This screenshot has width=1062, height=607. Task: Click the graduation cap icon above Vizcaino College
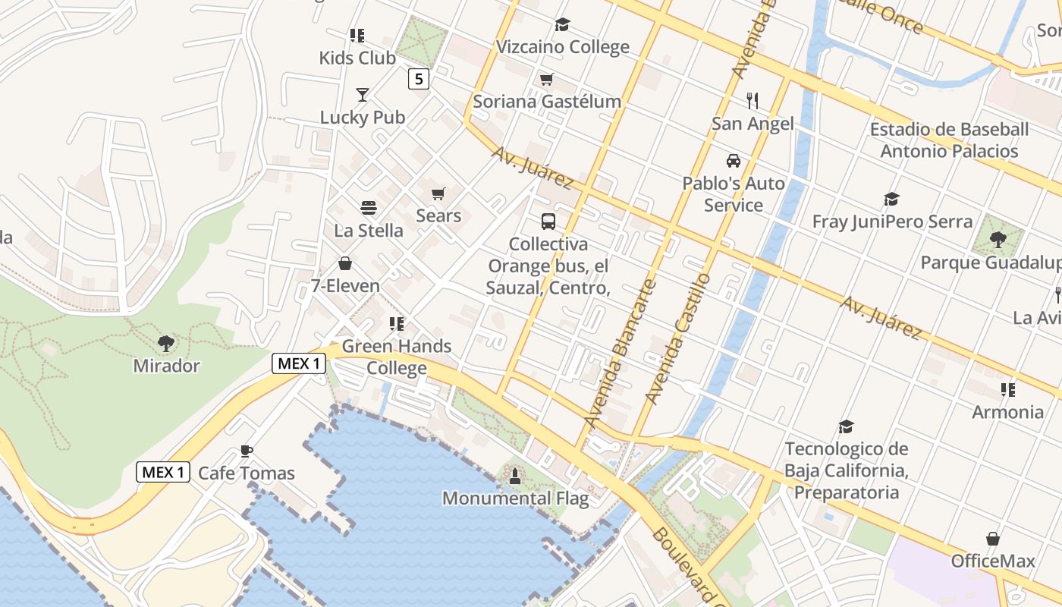coord(562,25)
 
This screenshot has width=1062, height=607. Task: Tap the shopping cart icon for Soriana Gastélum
coord(546,80)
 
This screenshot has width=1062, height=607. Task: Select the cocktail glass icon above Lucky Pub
coord(363,95)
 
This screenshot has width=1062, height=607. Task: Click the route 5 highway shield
coord(418,78)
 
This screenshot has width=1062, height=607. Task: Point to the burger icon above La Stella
coord(369,208)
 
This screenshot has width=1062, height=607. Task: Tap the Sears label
coord(438,215)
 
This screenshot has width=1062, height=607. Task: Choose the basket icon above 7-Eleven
coord(345,264)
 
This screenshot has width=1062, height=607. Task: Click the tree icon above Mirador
coord(166,344)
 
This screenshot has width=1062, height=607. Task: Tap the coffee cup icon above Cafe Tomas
coord(246,451)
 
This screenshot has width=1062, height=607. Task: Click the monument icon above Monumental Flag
coord(515,476)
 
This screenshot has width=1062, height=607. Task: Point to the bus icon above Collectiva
coord(548,222)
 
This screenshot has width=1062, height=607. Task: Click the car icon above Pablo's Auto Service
coord(734,161)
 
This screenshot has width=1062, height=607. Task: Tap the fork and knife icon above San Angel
coord(753,101)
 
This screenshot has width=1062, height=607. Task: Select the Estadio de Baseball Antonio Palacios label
coord(949,140)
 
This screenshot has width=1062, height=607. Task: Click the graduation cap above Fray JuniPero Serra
coord(891,200)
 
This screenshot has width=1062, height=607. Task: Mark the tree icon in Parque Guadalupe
coord(998,240)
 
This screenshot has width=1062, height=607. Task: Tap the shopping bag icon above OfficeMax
coord(992,539)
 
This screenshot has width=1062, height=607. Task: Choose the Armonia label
coord(1007,412)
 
